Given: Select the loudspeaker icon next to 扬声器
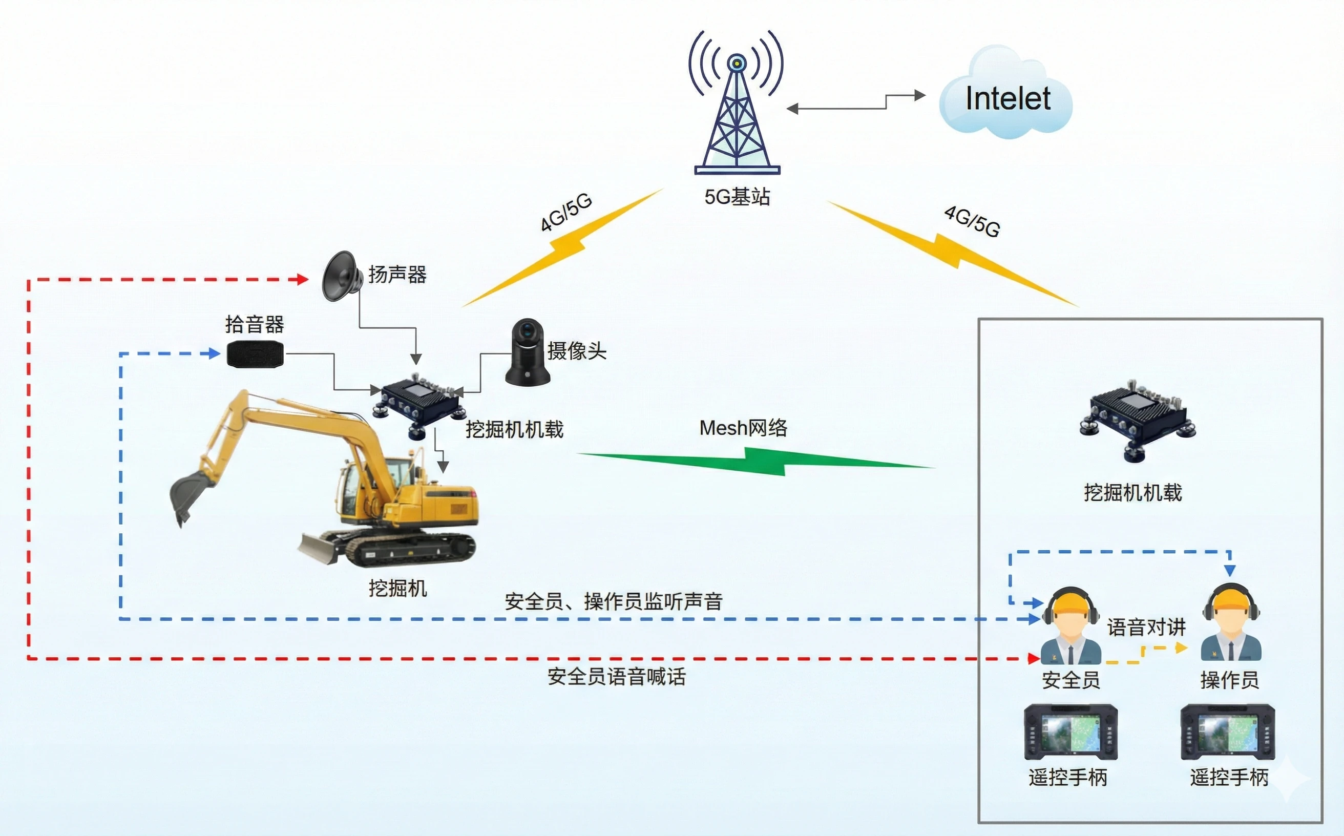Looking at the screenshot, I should [x=340, y=277].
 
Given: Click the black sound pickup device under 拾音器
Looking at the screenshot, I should [x=256, y=354].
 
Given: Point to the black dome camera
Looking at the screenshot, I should [x=528, y=352].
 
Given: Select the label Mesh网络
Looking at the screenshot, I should [x=743, y=428].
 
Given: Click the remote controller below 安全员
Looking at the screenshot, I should [x=1070, y=732].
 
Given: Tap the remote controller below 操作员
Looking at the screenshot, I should [x=1227, y=732].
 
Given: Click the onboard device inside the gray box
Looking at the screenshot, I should [x=1137, y=420].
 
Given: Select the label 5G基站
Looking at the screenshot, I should [x=737, y=197].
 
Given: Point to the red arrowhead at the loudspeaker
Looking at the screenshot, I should [x=302, y=279].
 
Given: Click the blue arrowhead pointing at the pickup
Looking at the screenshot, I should [x=214, y=353].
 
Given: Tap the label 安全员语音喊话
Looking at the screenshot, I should [x=617, y=677].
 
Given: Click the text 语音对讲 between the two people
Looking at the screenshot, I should [x=1146, y=627].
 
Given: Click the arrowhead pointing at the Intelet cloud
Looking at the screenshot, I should [x=919, y=96].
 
